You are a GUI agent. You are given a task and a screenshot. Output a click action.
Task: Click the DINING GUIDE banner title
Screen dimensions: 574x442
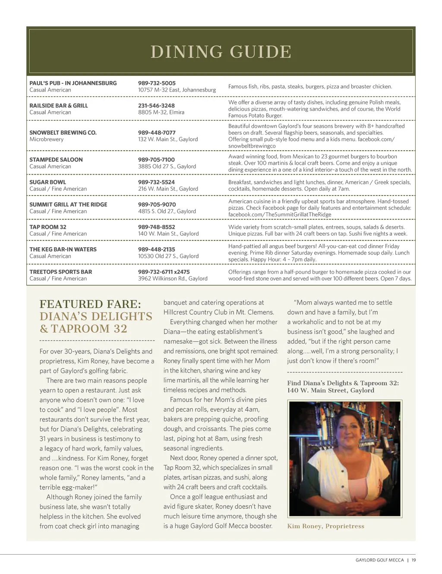[x=221, y=52]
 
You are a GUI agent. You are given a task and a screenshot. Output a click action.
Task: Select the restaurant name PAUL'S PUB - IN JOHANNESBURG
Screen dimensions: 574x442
[x=73, y=83]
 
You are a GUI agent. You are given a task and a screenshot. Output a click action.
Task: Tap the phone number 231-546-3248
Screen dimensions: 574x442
[x=156, y=106]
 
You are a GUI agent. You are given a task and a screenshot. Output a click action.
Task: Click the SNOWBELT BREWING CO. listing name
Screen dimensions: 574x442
[x=63, y=132]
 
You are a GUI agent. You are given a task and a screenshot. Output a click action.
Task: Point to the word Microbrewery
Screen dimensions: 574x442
[x=47, y=139]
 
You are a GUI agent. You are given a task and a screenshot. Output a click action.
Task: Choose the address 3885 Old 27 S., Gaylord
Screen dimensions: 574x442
[x=167, y=167]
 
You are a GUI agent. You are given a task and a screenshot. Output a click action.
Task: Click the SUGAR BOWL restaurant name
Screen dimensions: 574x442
[x=48, y=182]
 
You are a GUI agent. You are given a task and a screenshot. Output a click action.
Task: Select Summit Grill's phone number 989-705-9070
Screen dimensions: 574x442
[x=157, y=205]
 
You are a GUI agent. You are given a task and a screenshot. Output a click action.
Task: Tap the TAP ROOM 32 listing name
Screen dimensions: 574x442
[x=48, y=227]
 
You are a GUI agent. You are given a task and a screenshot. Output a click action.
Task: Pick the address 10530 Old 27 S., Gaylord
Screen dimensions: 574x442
[x=168, y=256]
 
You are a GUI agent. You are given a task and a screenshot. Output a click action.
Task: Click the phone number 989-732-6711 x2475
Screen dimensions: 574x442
[x=164, y=272]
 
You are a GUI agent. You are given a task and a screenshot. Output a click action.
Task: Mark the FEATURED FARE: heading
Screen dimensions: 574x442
[x=90, y=304]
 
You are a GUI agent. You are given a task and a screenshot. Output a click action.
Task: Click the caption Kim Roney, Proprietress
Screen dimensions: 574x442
[x=325, y=526]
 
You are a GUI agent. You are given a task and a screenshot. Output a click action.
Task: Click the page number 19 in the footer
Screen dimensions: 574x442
[x=414, y=560]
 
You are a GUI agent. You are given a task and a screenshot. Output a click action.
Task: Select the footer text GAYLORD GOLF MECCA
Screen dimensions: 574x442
[x=379, y=560]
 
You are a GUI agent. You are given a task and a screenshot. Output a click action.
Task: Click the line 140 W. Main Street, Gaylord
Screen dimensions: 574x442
[x=331, y=391]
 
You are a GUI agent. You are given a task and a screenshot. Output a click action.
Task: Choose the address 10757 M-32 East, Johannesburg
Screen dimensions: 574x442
[x=177, y=90]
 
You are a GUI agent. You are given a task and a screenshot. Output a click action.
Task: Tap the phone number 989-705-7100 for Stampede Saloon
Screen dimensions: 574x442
[x=156, y=160]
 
